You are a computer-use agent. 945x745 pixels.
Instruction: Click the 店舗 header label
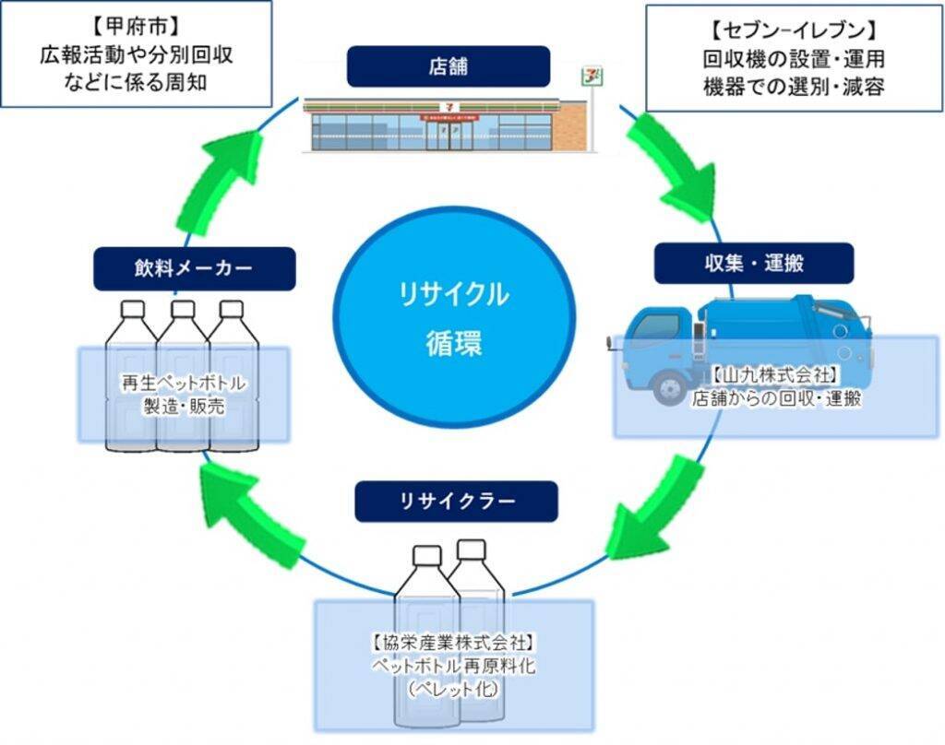tap(448, 66)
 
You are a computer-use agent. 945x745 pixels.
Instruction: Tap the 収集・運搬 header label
tap(753, 264)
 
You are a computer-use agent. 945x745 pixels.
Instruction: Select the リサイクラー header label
tap(456, 502)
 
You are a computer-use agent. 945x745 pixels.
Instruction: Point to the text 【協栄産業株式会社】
tap(453, 641)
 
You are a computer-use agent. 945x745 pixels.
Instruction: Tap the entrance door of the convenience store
tap(450, 136)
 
